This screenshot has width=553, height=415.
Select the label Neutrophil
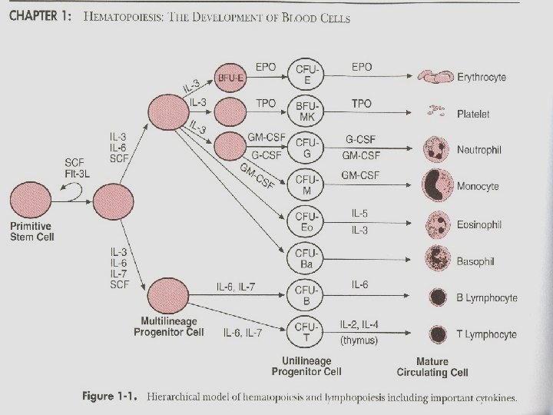[478, 151]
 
